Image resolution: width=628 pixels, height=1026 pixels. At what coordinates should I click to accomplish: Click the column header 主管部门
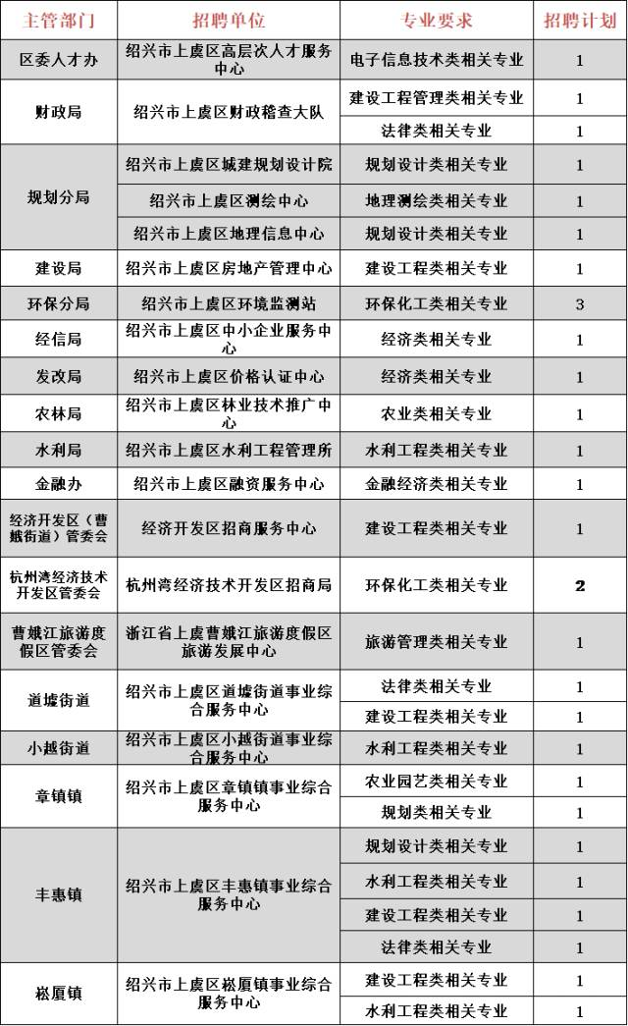coord(58,20)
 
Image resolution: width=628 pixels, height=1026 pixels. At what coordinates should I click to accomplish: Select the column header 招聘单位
coord(229,20)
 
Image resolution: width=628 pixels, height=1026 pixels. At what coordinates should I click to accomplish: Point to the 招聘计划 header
coord(579,20)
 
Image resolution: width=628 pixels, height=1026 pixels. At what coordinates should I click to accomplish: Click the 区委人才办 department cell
coord(58,60)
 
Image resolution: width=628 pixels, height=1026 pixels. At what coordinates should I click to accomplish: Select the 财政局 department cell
coord(58,112)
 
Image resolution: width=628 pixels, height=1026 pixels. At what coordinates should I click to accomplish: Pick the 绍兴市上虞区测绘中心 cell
coord(229,201)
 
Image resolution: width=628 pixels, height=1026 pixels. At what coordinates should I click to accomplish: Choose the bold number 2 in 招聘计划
coord(580,585)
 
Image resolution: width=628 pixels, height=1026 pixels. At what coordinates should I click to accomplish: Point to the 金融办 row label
coord(58,484)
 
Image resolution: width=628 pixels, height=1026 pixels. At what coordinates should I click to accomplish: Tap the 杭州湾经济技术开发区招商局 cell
coord(229,585)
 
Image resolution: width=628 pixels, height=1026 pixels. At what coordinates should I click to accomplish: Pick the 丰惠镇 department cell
coord(58,895)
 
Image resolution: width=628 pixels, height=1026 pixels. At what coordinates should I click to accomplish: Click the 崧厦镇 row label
coord(58,994)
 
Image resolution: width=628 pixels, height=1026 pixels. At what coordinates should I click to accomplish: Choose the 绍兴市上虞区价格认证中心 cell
coord(229,377)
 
